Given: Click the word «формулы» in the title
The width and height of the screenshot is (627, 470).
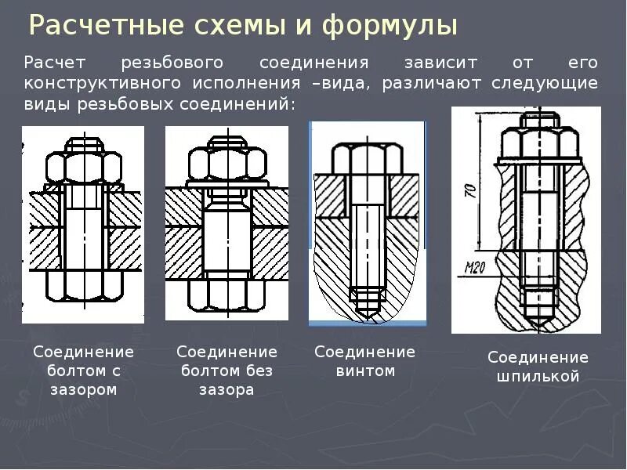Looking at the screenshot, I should [390, 26].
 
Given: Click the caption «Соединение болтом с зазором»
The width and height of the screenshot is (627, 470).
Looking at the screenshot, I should [83, 371].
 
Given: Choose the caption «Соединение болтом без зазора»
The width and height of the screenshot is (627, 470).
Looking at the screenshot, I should [227, 371].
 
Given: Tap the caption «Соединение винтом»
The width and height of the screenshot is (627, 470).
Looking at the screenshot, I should [365, 361].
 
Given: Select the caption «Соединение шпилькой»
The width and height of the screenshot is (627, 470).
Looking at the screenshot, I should [538, 367].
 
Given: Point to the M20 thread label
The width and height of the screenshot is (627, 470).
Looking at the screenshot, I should [475, 267].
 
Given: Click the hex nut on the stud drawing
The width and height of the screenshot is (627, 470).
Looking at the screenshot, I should [538, 141].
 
